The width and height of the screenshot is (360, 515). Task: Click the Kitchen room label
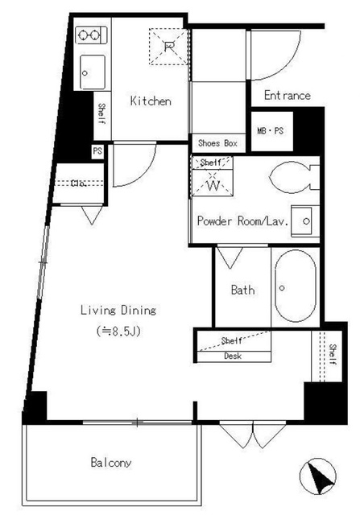point(151,101)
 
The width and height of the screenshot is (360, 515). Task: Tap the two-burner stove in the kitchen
point(91,35)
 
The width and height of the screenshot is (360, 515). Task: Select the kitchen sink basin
point(93,72)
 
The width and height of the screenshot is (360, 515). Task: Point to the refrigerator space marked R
point(169,47)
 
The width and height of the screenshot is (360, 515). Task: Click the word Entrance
point(288,95)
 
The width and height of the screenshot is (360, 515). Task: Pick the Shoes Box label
point(217,143)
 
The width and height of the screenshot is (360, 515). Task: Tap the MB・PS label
point(270,130)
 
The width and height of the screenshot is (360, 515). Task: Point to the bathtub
point(295,286)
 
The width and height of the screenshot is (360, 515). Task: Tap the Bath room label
point(242,290)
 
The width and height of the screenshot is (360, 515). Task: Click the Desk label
point(233,356)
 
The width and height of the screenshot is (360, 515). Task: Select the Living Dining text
point(118,310)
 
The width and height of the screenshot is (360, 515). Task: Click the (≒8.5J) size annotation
point(118,331)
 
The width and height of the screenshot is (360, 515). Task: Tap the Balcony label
point(111,463)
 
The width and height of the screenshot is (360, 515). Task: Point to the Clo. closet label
point(79,183)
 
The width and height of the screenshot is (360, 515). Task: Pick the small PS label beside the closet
point(97,151)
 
